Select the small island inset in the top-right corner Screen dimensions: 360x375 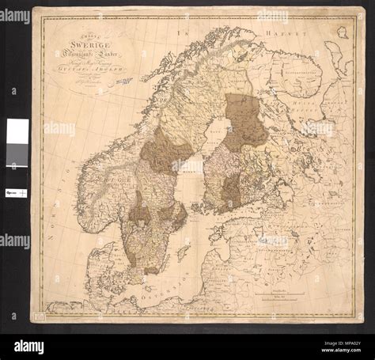[343, 32]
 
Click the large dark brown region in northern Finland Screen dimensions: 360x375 [245, 119]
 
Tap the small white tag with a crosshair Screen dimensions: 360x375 [17, 192]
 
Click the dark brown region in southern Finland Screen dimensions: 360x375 [230, 190]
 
